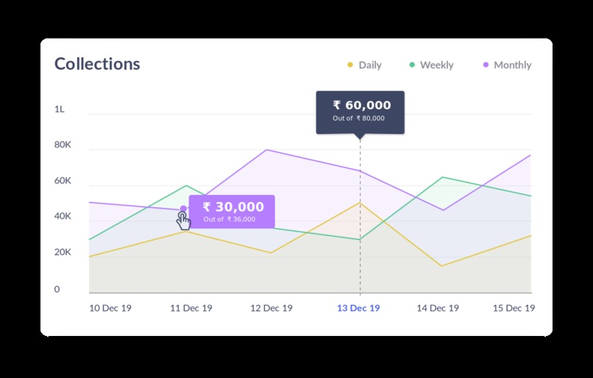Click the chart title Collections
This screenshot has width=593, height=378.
point(97,64)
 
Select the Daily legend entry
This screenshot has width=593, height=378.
point(364,65)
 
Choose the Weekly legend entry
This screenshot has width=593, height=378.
point(431,65)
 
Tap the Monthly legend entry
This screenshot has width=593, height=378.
point(507,65)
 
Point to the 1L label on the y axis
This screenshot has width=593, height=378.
point(60,109)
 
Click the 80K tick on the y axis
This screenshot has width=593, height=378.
point(63,145)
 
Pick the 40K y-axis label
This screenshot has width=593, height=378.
point(63,217)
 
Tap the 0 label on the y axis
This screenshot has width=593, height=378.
point(57,290)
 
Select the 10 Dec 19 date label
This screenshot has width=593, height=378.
point(110,308)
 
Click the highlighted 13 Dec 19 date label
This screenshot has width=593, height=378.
point(358,308)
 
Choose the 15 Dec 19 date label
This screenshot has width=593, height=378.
point(514,308)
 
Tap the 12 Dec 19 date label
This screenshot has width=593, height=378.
point(271,308)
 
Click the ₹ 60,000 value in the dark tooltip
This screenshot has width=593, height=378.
point(361,105)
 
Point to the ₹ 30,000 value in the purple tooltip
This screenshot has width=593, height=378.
point(232,207)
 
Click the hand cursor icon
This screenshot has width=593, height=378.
point(183,221)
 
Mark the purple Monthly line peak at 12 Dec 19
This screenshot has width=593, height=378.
point(266,150)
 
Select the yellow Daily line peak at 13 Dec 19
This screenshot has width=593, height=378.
point(360,203)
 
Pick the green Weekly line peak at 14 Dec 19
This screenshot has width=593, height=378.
point(441,177)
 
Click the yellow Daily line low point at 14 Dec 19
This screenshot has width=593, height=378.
point(441,266)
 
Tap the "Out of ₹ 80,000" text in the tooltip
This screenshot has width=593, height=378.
point(358,119)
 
